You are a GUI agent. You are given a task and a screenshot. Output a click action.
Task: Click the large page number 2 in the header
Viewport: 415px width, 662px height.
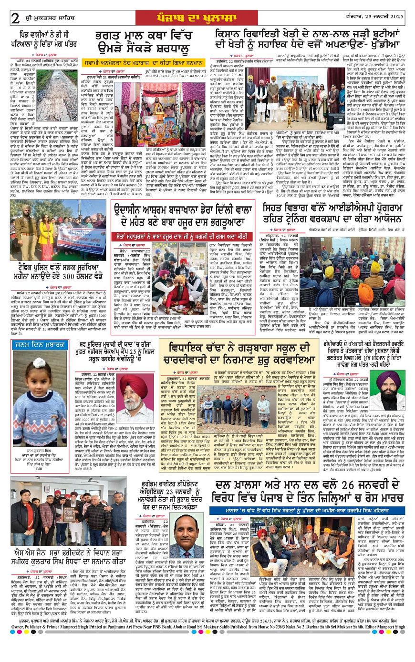(16, 18)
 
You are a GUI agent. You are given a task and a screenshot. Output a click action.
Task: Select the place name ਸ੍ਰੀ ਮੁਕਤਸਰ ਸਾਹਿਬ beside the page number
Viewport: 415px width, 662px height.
(44, 18)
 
